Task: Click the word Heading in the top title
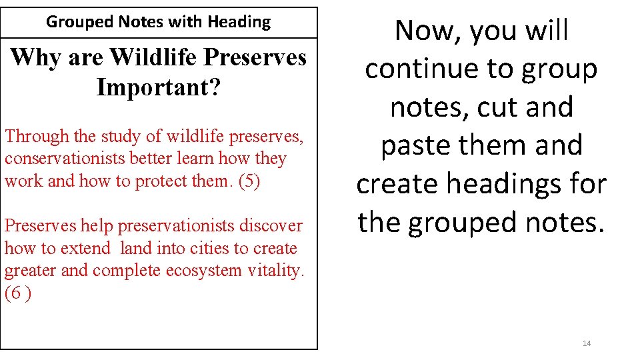click(239, 22)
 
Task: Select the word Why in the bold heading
click(30, 58)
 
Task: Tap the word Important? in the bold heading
click(158, 87)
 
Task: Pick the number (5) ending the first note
click(249, 181)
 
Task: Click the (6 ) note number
click(17, 293)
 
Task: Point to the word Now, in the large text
click(427, 31)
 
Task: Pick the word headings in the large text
click(509, 184)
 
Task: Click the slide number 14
click(587, 343)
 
